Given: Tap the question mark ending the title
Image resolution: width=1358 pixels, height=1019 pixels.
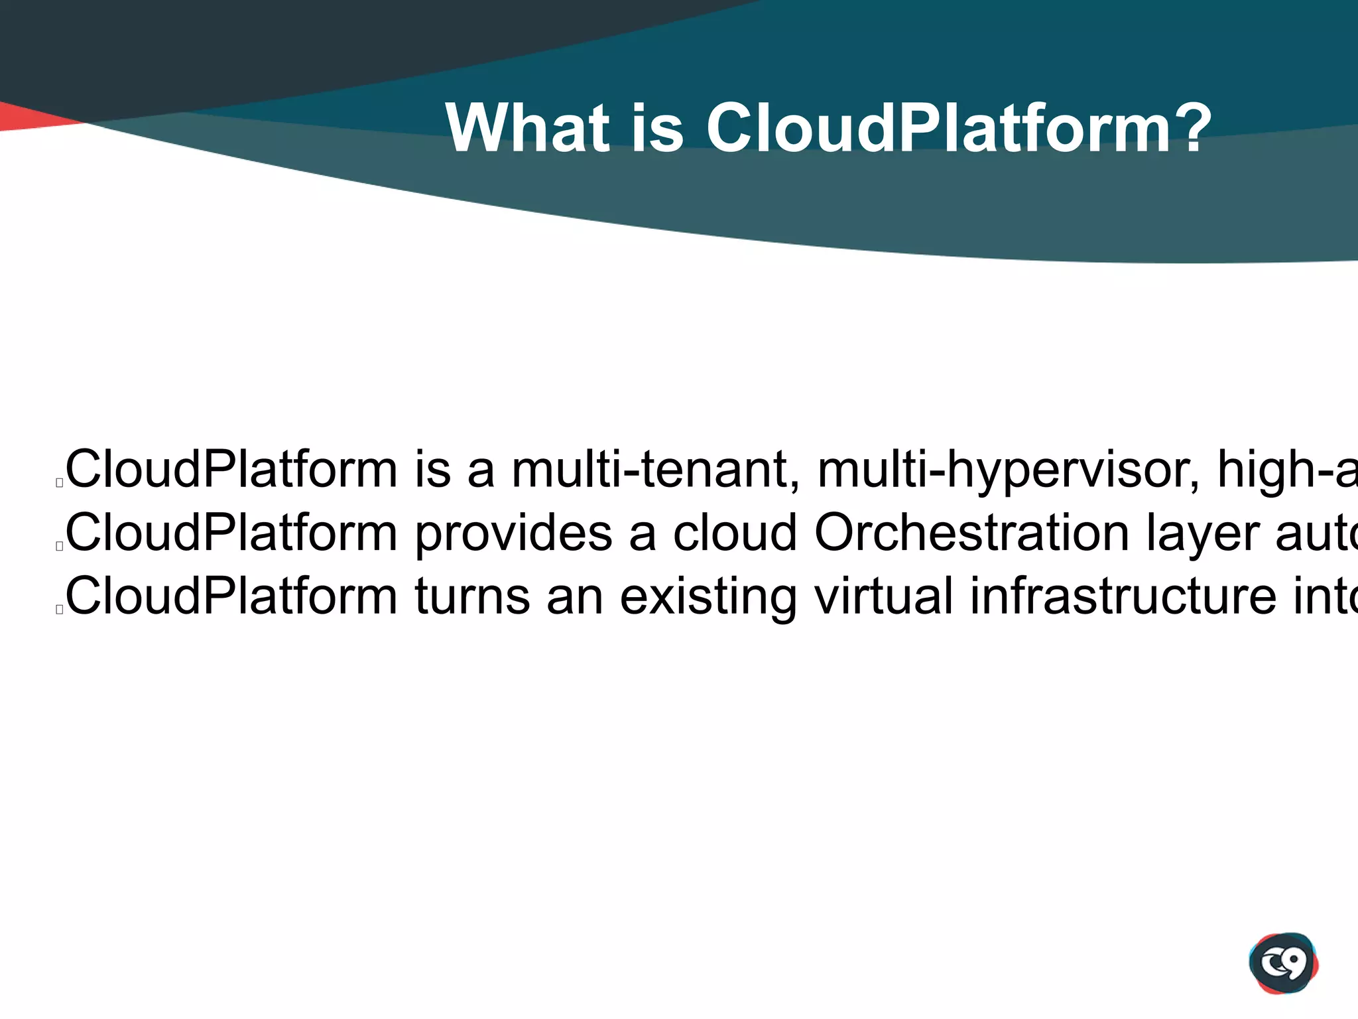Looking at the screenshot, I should (1188, 128).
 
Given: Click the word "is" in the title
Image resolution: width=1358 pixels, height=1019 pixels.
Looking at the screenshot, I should (656, 128).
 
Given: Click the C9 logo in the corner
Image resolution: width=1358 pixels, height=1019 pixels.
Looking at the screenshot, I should (1283, 963).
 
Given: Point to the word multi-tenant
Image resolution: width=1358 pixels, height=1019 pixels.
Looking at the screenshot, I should (655, 470).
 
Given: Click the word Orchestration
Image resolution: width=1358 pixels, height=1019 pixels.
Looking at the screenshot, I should (971, 533).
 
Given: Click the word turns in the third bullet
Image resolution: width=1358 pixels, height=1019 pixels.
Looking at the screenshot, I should (472, 596).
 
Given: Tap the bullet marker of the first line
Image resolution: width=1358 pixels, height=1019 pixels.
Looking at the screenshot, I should (60, 484).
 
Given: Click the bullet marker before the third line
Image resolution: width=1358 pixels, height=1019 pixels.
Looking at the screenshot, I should (60, 610).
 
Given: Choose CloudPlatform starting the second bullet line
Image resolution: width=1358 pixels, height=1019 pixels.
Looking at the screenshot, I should (231, 533).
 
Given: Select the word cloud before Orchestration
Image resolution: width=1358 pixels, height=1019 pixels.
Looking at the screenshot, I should (734, 533).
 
